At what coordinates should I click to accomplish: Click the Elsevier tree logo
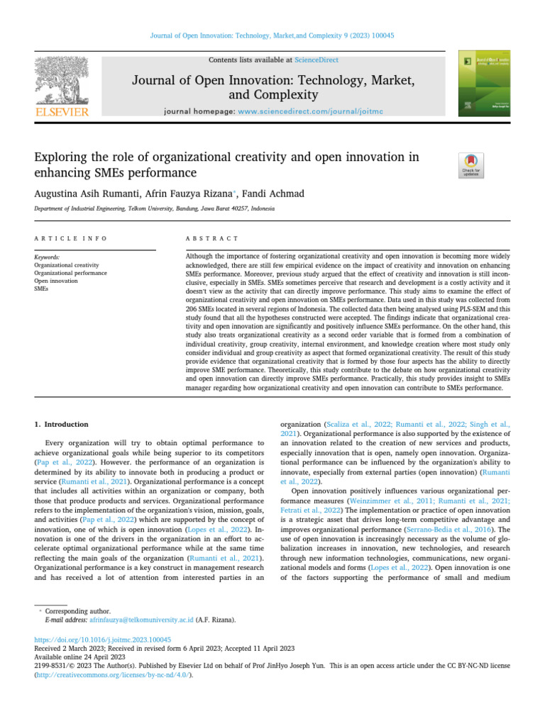click(x=62, y=81)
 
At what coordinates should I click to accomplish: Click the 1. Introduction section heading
click(x=62, y=424)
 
